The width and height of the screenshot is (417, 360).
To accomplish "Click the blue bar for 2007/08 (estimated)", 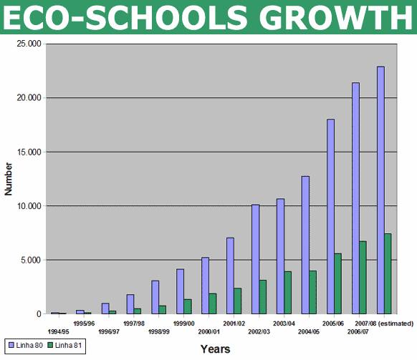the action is (380, 190).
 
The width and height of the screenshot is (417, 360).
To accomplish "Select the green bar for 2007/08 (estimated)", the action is (388, 273).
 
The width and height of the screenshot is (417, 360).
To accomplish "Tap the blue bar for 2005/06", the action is (330, 217).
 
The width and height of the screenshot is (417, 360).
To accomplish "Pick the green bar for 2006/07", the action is (363, 278).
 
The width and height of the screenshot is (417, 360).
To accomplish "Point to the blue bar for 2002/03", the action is (255, 259).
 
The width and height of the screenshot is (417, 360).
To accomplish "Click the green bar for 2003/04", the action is (288, 293).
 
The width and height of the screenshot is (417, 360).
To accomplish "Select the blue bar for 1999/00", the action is (180, 291).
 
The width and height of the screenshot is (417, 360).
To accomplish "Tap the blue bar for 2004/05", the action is (305, 245).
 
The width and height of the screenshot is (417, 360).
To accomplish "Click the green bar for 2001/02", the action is (237, 301).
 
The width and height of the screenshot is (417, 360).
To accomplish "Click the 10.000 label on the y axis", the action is (29, 206).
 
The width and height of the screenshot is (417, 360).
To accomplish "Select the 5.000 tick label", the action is (32, 260).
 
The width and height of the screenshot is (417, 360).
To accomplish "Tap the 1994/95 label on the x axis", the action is (58, 332).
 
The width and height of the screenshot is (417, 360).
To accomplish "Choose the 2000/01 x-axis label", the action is (209, 332).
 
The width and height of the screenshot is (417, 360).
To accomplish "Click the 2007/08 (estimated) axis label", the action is (384, 323).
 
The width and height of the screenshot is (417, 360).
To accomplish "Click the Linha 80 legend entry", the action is (26, 346).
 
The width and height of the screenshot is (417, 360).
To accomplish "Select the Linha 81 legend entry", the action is (64, 346).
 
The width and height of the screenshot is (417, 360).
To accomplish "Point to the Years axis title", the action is (216, 349).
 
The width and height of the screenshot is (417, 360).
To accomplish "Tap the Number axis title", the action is (9, 179).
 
